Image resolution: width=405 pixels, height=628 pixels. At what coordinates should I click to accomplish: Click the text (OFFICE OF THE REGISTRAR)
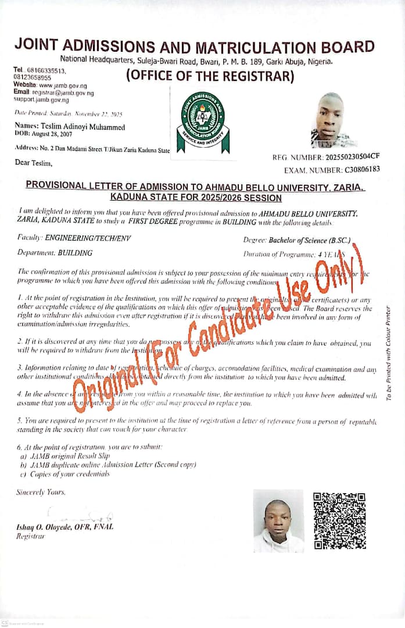[210, 76]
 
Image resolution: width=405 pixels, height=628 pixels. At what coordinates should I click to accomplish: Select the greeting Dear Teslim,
[34, 162]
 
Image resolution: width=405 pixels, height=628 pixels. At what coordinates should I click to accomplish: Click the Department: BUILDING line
[55, 253]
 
